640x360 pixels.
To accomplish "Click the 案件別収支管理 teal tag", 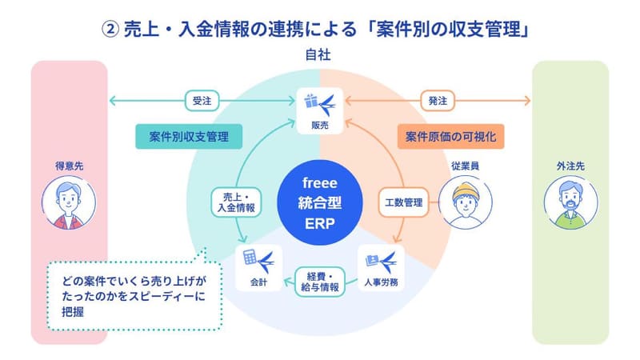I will click(x=188, y=137).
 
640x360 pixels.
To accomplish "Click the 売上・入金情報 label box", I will click(x=234, y=202).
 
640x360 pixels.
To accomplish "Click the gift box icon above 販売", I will click(x=312, y=102).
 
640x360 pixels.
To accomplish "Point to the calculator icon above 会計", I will click(x=250, y=258).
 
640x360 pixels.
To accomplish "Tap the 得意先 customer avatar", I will click(x=68, y=203).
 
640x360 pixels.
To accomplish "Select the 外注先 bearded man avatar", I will click(x=570, y=204).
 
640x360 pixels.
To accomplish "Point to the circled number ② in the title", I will click(x=110, y=26).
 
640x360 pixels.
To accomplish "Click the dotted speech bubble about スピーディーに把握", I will click(x=132, y=297).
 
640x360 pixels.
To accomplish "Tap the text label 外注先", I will click(x=570, y=166).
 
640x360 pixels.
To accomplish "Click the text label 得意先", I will click(x=68, y=166).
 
